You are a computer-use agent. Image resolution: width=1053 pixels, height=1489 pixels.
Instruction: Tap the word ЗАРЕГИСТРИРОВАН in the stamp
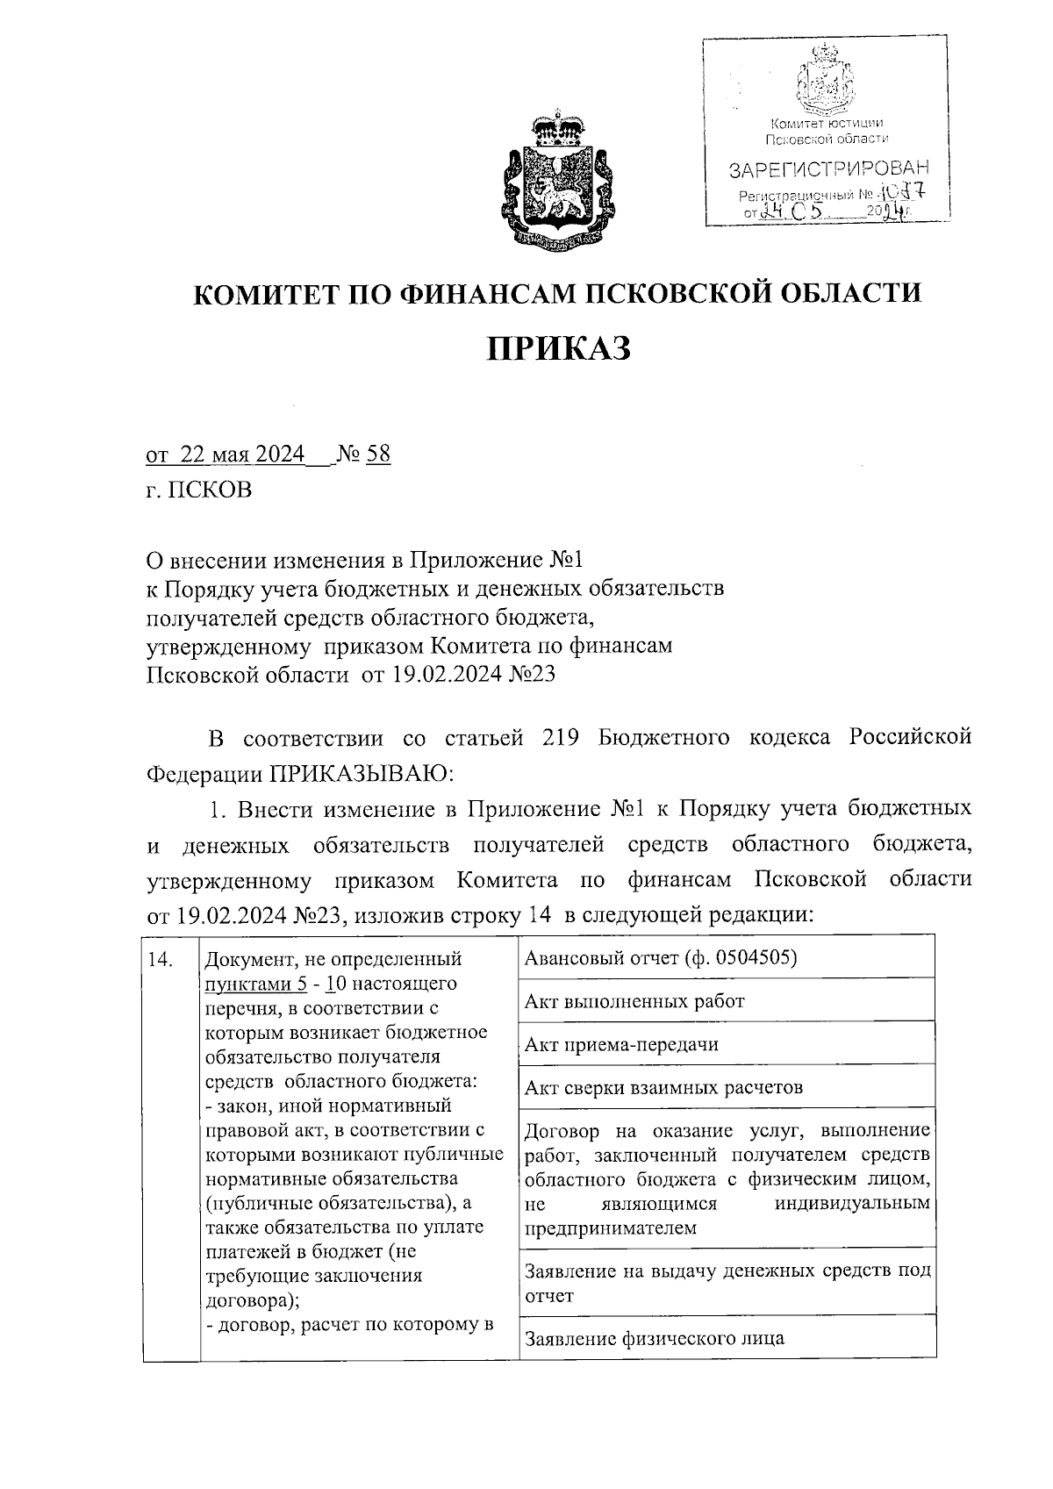click(828, 168)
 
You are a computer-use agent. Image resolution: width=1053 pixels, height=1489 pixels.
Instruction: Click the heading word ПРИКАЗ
click(559, 349)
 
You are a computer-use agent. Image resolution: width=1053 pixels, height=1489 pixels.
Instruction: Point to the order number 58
click(378, 455)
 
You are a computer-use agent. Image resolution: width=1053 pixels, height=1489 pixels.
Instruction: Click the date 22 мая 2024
click(242, 455)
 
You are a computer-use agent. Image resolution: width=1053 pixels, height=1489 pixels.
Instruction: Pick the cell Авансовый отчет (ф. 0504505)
click(661, 957)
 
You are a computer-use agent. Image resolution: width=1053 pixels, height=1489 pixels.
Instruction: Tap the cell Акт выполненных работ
click(634, 1001)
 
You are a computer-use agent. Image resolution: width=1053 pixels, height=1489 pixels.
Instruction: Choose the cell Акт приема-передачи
click(621, 1044)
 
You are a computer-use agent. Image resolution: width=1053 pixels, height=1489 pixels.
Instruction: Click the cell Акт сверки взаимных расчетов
click(663, 1088)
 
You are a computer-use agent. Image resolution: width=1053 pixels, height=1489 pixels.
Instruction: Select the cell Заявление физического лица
click(655, 1338)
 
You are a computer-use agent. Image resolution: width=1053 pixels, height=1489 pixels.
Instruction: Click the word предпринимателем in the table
click(611, 1228)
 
